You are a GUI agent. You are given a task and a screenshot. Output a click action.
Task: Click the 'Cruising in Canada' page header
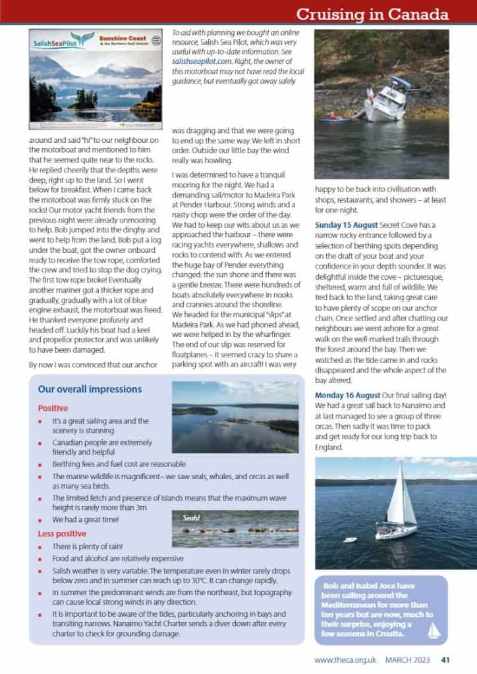pos(372,13)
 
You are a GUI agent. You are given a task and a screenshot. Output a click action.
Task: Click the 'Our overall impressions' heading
pos(90,389)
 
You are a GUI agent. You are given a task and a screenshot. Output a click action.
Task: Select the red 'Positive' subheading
pos(53,408)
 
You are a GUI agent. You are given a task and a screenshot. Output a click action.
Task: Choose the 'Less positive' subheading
pos(62,533)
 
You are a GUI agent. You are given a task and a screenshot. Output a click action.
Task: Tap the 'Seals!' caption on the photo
pos(192,517)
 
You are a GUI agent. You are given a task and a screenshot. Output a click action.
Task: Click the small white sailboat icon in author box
pos(433,631)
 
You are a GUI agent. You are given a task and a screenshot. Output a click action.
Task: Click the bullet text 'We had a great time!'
pos(86,519)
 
